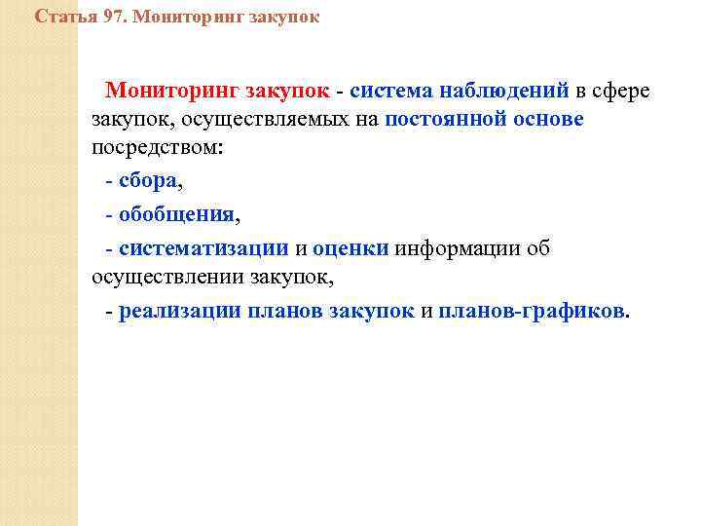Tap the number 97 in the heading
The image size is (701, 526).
pyautogui.click(x=115, y=17)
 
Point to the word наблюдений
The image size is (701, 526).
pyautogui.click(x=504, y=92)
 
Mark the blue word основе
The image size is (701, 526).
pyautogui.click(x=550, y=121)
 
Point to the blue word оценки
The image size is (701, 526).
pyautogui.click(x=350, y=247)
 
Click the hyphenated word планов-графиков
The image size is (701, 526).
pyautogui.click(x=532, y=312)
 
